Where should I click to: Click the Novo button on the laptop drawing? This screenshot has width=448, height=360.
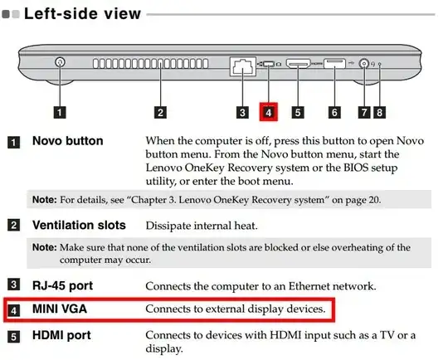(60, 62)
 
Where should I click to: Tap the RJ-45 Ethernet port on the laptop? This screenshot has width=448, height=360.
(243, 66)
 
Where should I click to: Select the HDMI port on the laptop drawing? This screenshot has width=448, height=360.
(298, 63)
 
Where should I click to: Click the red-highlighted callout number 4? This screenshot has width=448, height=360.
(268, 112)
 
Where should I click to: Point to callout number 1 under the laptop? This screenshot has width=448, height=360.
(60, 112)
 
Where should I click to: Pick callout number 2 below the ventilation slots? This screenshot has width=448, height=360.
(160, 112)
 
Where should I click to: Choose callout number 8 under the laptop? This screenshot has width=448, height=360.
(379, 112)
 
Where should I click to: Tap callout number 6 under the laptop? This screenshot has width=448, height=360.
(334, 112)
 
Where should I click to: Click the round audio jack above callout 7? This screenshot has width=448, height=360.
(363, 63)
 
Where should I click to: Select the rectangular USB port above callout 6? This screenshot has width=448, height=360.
(334, 63)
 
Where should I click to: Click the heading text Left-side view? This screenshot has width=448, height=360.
(82, 14)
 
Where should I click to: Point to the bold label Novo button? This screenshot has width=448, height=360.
(68, 141)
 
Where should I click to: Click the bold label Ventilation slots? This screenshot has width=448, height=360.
(79, 225)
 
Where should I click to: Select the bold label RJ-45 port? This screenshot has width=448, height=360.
(62, 285)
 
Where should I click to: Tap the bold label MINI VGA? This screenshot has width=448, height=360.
(60, 309)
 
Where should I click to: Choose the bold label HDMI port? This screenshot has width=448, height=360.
(61, 335)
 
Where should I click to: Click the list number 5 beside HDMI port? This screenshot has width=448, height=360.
(13, 337)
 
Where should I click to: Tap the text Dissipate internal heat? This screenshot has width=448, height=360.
(202, 226)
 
